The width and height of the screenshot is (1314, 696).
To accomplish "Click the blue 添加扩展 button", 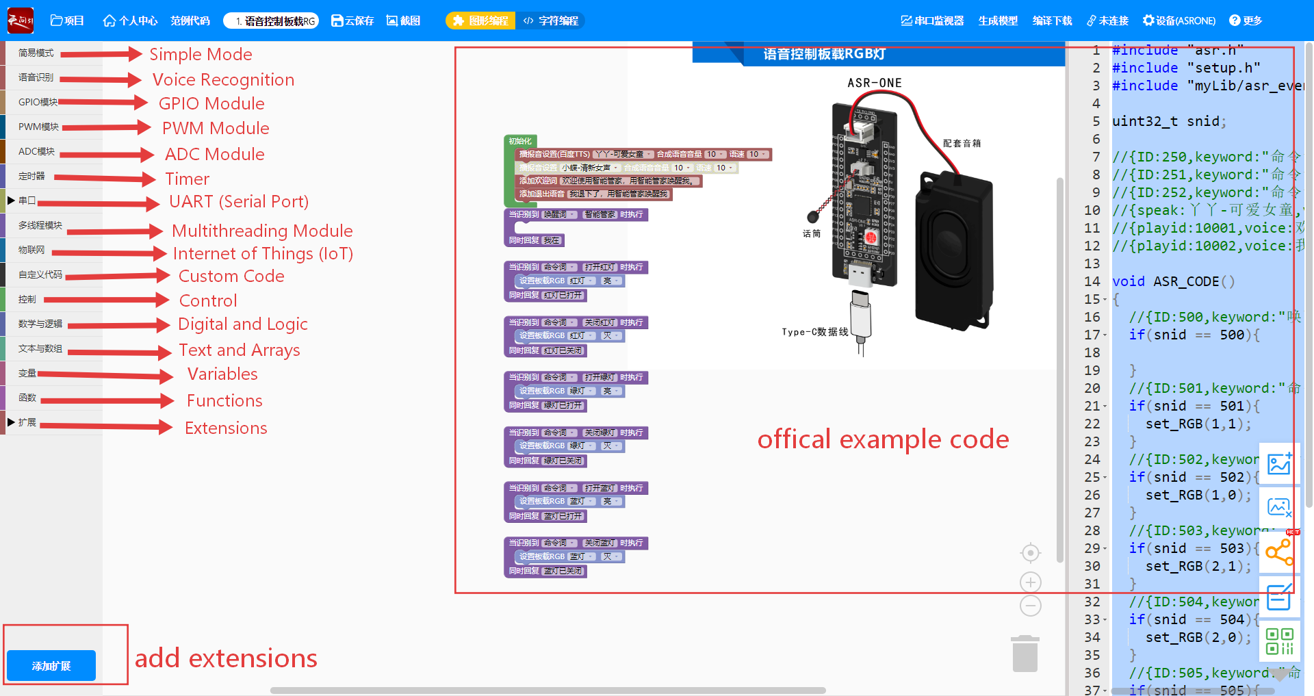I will click(51, 665).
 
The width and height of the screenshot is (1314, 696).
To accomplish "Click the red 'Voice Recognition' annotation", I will click(223, 80).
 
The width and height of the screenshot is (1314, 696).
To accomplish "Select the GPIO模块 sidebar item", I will click(38, 102).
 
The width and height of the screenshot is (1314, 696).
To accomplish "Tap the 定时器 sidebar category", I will click(31, 176).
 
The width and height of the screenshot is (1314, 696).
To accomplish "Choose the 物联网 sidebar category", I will click(31, 250).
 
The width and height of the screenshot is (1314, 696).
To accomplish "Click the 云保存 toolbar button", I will click(352, 21).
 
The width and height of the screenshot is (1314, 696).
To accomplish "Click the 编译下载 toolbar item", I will click(1052, 21).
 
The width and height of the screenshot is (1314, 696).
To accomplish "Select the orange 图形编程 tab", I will click(480, 21).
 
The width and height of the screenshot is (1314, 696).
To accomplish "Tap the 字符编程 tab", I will click(552, 21).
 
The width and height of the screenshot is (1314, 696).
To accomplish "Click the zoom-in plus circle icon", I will click(1031, 582).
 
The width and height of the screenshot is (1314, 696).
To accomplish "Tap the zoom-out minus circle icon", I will click(1031, 606).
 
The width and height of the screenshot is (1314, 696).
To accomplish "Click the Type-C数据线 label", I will click(814, 332).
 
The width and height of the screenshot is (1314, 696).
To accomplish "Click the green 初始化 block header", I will click(520, 141).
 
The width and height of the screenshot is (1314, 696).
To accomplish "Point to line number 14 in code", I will click(1092, 281).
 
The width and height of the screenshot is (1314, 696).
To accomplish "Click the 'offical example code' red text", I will click(883, 439).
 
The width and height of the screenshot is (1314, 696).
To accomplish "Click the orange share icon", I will click(1278, 552).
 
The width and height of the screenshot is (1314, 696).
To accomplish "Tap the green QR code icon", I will click(1278, 641).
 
